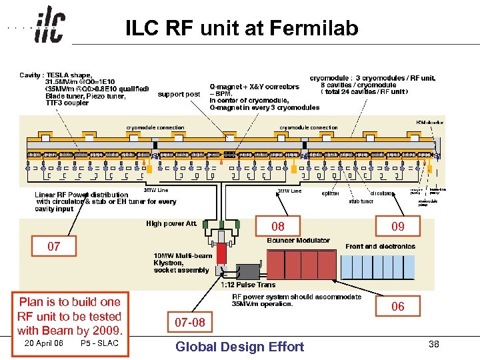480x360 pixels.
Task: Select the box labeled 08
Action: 277,227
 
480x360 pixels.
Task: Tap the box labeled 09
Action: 398,227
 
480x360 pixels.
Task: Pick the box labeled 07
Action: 53,247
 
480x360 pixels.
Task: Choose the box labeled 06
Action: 398,306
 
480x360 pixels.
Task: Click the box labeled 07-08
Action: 189,323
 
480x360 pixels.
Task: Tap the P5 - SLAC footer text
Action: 99,343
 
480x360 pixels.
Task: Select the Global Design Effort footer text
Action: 239,346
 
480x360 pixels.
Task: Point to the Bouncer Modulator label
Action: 298,241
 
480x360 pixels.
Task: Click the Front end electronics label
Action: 380,247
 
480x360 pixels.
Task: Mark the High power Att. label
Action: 171,223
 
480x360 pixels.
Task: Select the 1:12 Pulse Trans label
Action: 248,285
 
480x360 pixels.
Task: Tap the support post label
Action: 179,94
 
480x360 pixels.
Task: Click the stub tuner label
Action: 361,201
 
